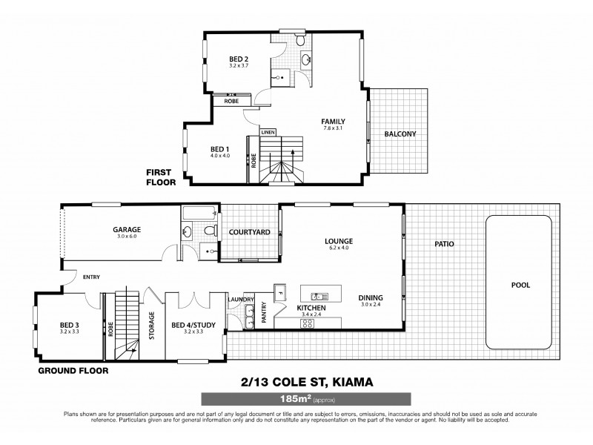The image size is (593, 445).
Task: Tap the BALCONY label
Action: point(400,134)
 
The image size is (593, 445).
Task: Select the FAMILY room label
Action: point(334,121)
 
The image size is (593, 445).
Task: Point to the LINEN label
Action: point(268,132)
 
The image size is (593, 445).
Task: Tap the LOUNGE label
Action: point(338,241)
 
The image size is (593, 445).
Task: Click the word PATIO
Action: point(445,243)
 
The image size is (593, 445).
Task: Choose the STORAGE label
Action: point(152,324)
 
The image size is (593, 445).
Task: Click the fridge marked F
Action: point(280,290)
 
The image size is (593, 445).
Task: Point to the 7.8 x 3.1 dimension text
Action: point(334,128)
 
